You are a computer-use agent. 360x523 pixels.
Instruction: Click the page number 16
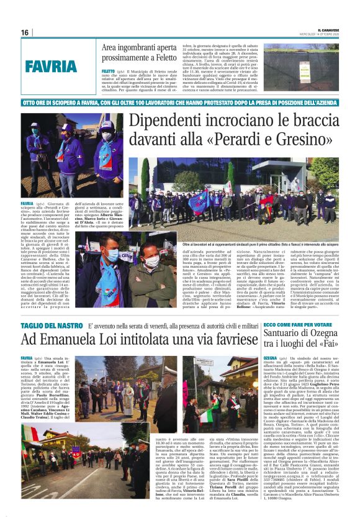[25, 32]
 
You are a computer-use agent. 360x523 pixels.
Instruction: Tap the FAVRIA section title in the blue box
[51, 66]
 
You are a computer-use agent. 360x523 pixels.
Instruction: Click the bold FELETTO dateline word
[108, 71]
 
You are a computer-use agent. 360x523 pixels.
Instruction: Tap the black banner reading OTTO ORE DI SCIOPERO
[180, 101]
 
